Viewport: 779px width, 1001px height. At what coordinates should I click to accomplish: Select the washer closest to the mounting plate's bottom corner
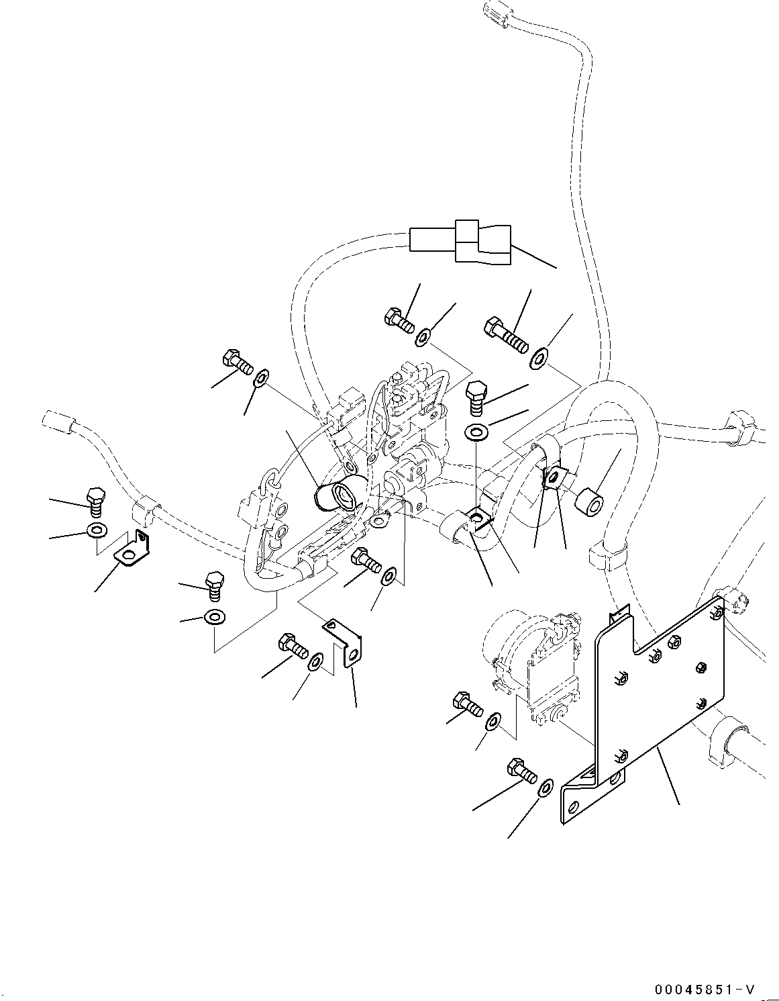(546, 787)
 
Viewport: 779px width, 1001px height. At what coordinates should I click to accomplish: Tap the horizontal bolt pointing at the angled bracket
(293, 645)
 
